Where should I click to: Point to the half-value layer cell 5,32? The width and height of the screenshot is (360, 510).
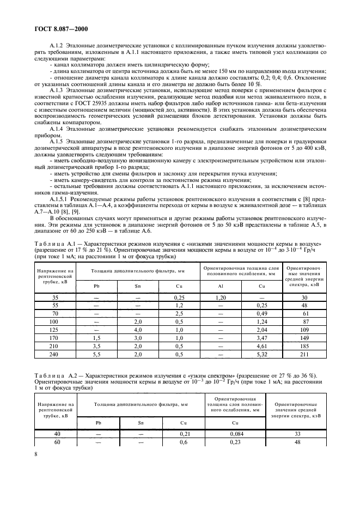pos(261,355)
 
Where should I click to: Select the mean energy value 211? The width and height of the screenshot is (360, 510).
pos(304,355)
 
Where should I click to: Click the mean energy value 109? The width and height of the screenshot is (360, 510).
pos(304,330)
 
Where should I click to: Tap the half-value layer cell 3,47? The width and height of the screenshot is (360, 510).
pos(261,338)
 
